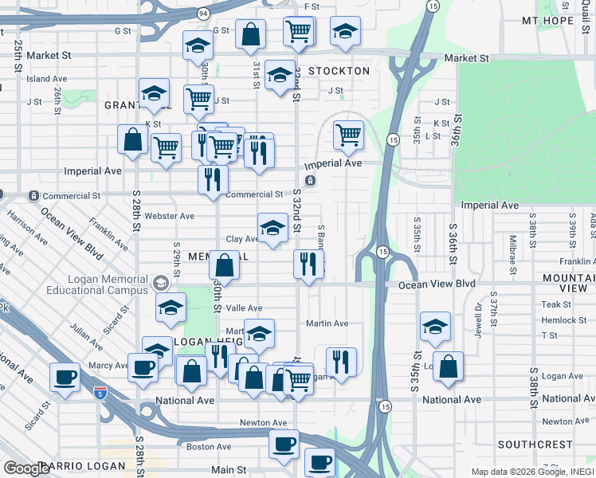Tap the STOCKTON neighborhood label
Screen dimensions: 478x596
tap(339, 71)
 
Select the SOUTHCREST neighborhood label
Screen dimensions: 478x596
tap(535, 444)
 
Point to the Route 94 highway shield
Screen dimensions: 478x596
tap(203, 14)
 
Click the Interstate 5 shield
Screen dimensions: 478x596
tap(100, 393)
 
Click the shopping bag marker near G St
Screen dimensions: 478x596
tap(250, 34)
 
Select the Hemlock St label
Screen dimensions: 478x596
tap(555, 320)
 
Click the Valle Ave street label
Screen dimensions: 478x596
tap(245, 308)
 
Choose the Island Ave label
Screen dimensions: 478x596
tap(46, 79)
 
